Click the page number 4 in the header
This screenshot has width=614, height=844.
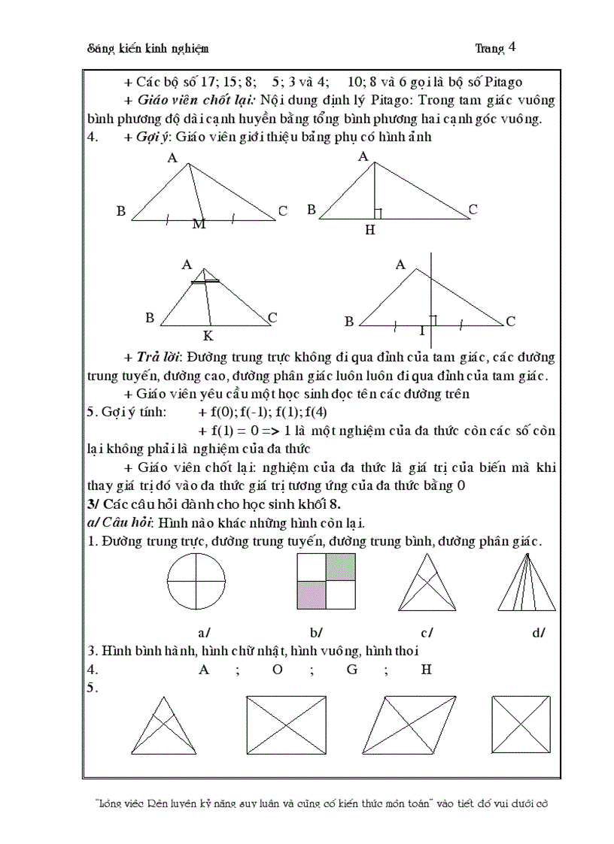[x=512, y=47]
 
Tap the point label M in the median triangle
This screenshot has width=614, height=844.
[x=199, y=224]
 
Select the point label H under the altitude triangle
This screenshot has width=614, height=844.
[x=369, y=230]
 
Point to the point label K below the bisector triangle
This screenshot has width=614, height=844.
[x=208, y=336]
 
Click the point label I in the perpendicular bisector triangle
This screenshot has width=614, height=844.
[x=421, y=331]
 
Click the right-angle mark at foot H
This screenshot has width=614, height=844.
[x=378, y=213]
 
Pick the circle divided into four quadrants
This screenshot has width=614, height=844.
[x=196, y=581]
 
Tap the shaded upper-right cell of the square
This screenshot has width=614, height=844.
[x=341, y=567]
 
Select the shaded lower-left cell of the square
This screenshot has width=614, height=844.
[x=312, y=594]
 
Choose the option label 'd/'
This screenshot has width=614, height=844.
[x=539, y=633]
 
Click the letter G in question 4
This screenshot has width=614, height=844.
[x=351, y=669]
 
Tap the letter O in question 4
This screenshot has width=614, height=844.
[x=277, y=669]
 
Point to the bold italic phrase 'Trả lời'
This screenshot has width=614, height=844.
[x=158, y=356]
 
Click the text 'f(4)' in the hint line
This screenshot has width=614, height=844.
[x=316, y=412]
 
